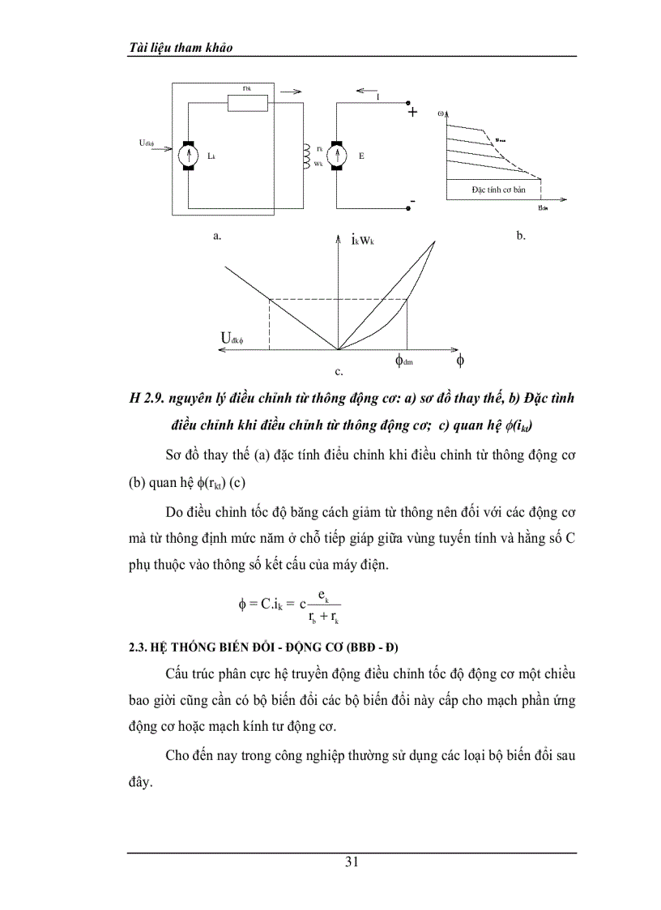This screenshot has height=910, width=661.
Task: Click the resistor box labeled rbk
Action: point(247,103)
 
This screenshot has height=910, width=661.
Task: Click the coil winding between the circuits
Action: point(306,154)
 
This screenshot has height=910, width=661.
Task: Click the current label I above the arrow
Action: point(378,97)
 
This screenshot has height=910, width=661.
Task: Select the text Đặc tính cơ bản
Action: point(496,190)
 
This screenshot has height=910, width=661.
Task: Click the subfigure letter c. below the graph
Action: point(338,374)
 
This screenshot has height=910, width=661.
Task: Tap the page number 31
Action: point(352,861)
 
